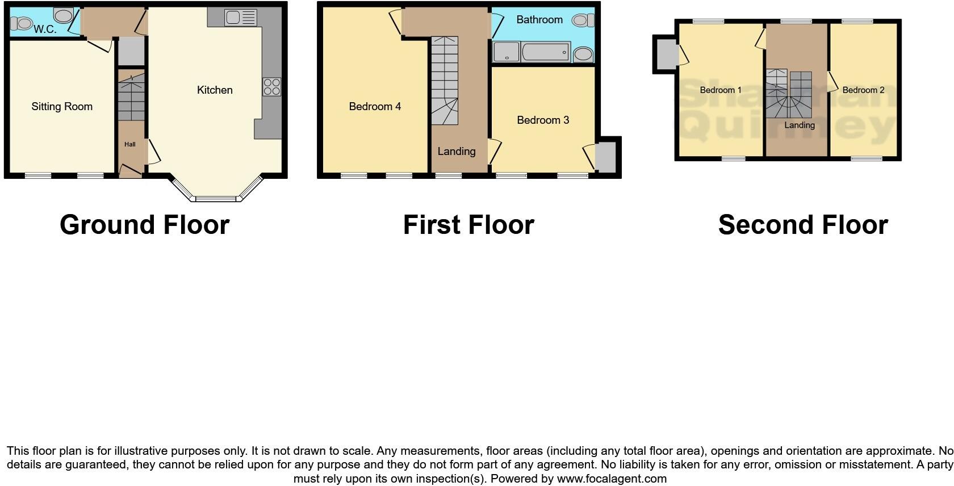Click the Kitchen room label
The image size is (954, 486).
pyautogui.click(x=215, y=90)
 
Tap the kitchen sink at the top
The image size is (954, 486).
pyautogui.click(x=240, y=18)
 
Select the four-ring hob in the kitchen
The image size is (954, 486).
pyautogui.click(x=272, y=87)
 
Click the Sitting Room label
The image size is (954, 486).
pyautogui.click(x=62, y=106)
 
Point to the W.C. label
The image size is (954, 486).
pyautogui.click(x=45, y=29)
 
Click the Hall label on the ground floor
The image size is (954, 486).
pyautogui.click(x=130, y=144)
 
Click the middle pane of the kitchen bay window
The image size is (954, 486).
pyautogui.click(x=215, y=199)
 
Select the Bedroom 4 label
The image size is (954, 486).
pyautogui.click(x=375, y=106)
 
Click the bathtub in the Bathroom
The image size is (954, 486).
pyautogui.click(x=546, y=52)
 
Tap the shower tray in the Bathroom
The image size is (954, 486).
pyautogui.click(x=506, y=52)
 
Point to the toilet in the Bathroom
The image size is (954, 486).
pyautogui.click(x=583, y=21)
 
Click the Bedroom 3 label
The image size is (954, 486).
pyautogui.click(x=543, y=120)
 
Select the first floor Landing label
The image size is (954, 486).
pyautogui.click(x=457, y=151)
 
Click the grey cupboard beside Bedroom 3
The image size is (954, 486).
pyautogui.click(x=606, y=157)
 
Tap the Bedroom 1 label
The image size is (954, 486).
pyautogui.click(x=721, y=90)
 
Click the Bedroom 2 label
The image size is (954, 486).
pyautogui.click(x=863, y=90)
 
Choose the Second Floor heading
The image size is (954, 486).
pyautogui.click(x=803, y=225)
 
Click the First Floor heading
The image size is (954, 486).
pyautogui.click(x=468, y=225)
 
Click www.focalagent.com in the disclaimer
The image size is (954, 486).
pyautogui.click(x=612, y=479)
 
